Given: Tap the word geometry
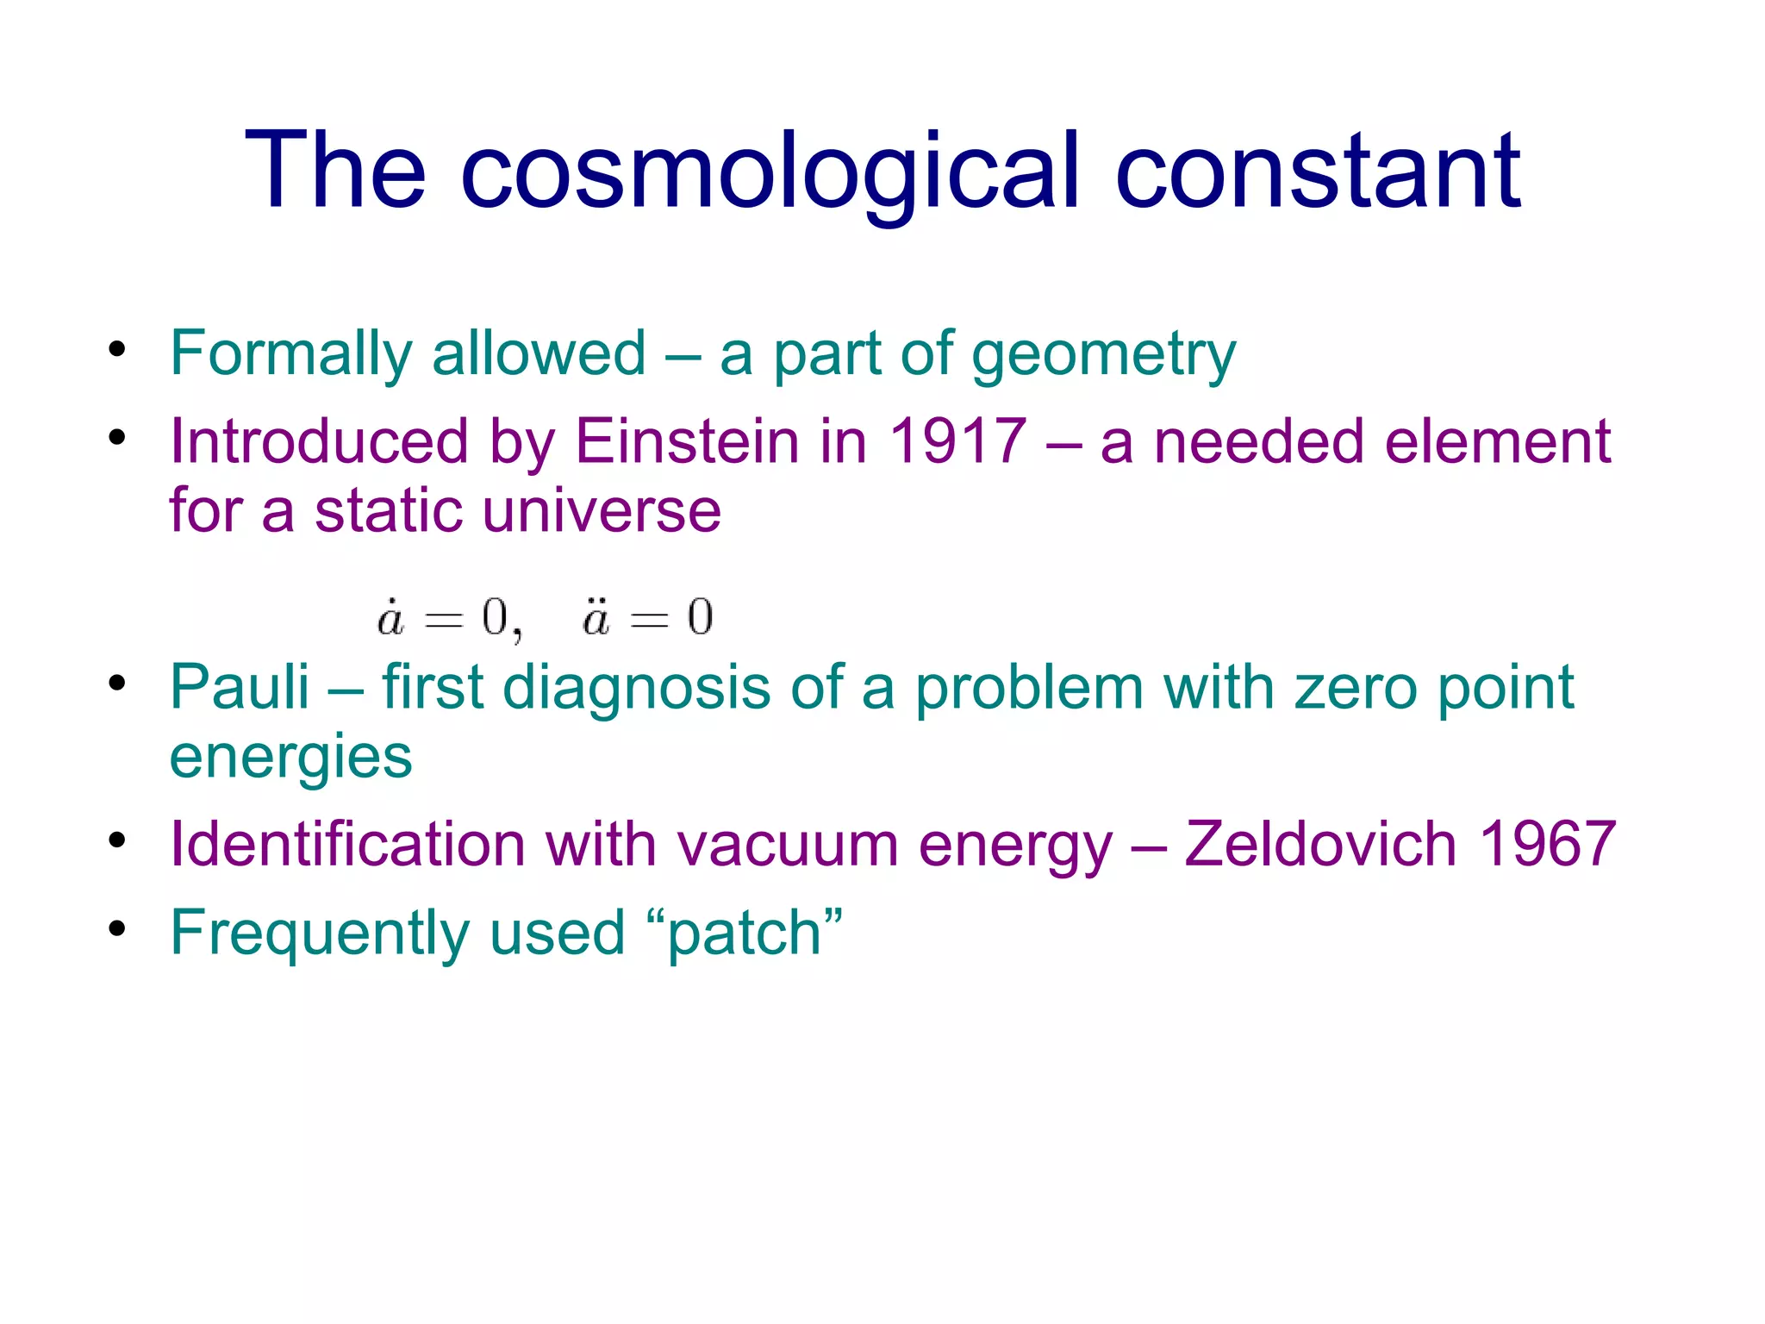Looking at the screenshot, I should (1104, 354).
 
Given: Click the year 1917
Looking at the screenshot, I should (957, 442).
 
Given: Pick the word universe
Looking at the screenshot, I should (602, 511).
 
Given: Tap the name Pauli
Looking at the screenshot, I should (240, 688).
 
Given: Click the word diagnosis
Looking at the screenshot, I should (636, 688).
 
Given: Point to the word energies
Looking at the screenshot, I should (291, 757).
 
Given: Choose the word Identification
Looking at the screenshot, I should (347, 844).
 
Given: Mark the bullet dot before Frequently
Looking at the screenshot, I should (118, 929).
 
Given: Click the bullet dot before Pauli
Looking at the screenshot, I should (118, 684).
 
